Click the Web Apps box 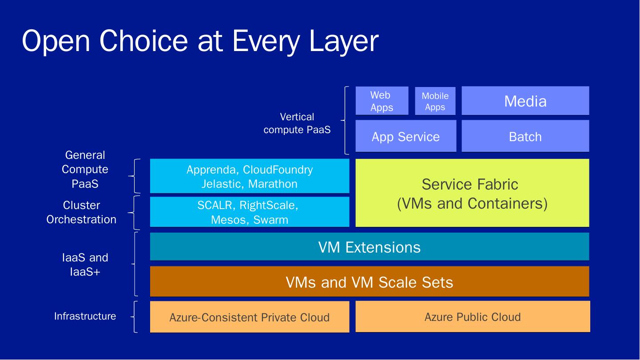coord(382,101)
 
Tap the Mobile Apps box coord(435,101)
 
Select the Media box coord(525,101)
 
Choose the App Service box coord(405,136)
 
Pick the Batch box coord(525,136)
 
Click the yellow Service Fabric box coord(472,193)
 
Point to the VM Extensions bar coord(370,247)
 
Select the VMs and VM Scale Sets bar coord(370,281)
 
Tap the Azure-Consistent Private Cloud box coord(250,317)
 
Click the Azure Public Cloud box coord(473,316)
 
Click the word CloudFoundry coord(278,170)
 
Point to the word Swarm coord(271,220)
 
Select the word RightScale coord(269,205)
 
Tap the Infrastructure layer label coord(85,316)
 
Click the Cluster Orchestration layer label coord(81,212)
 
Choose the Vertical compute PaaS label coord(297,123)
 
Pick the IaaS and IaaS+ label coord(85,265)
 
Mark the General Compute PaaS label coord(85,169)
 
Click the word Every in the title coord(266,41)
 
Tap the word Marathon coord(273,184)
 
